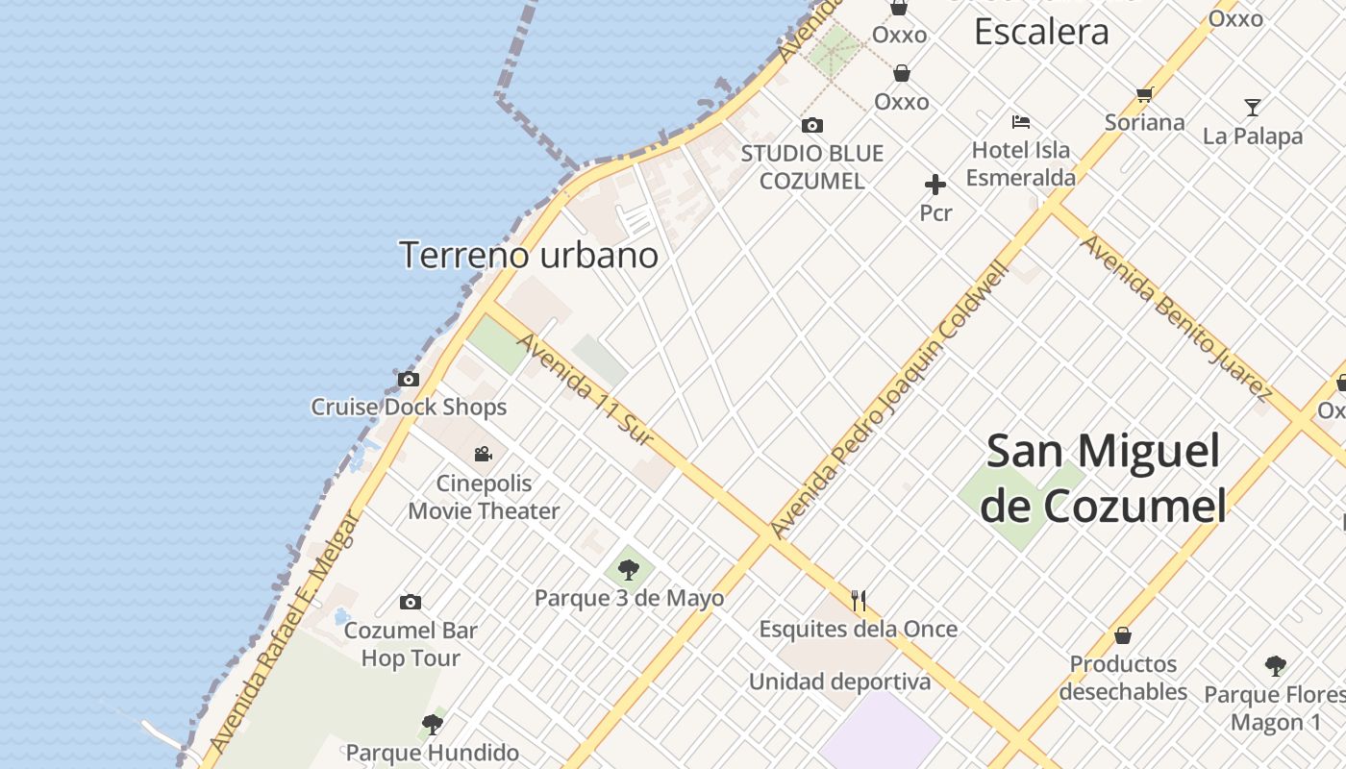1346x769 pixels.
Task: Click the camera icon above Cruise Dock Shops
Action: click(409, 379)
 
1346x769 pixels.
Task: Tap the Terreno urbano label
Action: click(528, 255)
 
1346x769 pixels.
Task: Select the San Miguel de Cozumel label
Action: click(1103, 478)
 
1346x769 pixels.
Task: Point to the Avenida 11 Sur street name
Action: click(585, 388)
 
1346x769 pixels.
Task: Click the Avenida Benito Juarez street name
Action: click(1176, 316)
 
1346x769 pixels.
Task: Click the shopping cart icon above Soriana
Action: click(1144, 94)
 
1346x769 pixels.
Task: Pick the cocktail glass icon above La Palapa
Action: click(1252, 107)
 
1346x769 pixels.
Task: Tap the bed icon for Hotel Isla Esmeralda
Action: click(1021, 122)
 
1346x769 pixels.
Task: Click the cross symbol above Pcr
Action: click(935, 185)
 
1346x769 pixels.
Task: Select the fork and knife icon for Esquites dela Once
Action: click(859, 601)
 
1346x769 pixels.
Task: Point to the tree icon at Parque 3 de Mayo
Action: click(629, 569)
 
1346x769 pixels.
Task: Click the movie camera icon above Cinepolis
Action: click(484, 454)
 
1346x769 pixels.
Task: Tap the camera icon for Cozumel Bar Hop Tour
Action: click(411, 602)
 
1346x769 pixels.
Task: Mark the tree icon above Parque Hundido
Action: click(433, 724)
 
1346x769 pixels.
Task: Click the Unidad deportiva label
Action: click(840, 682)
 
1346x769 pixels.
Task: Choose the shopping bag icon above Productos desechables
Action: click(1122, 635)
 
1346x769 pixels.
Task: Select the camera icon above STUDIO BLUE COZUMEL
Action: click(812, 125)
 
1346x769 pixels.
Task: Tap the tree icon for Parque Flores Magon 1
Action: click(1276, 665)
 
